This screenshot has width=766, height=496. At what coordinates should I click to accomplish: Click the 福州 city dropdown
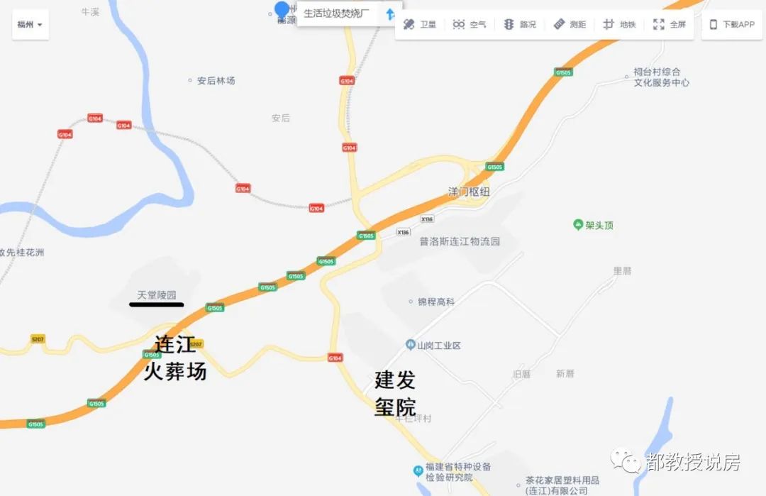pos(30,24)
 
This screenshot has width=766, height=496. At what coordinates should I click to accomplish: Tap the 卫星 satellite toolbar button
pos(419,24)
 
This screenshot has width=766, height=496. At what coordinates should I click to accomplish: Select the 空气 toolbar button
pos(470,24)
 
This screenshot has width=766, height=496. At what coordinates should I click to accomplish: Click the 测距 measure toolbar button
pos(570,24)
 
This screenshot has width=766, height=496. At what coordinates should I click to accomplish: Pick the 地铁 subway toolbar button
pos(619,24)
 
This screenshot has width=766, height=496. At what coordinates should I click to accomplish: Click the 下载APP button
pos(732,24)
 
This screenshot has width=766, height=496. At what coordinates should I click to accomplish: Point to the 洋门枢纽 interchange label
pos(469,192)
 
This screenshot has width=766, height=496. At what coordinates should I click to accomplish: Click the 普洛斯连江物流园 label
pos(460,241)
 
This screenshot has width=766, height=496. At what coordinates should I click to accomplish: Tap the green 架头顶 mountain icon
pos(578,225)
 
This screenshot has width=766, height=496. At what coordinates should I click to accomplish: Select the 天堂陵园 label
pos(156,294)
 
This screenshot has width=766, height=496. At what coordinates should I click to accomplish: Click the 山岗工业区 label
pos(438,346)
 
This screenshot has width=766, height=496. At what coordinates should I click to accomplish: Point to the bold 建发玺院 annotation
pos(395,393)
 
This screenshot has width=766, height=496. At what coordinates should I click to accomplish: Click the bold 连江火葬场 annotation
pos(174,358)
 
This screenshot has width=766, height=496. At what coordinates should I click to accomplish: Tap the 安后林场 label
pos(216,81)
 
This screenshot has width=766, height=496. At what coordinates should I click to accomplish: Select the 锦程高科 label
pos(435,302)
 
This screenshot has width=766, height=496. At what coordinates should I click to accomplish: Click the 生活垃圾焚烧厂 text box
pos(337,13)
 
